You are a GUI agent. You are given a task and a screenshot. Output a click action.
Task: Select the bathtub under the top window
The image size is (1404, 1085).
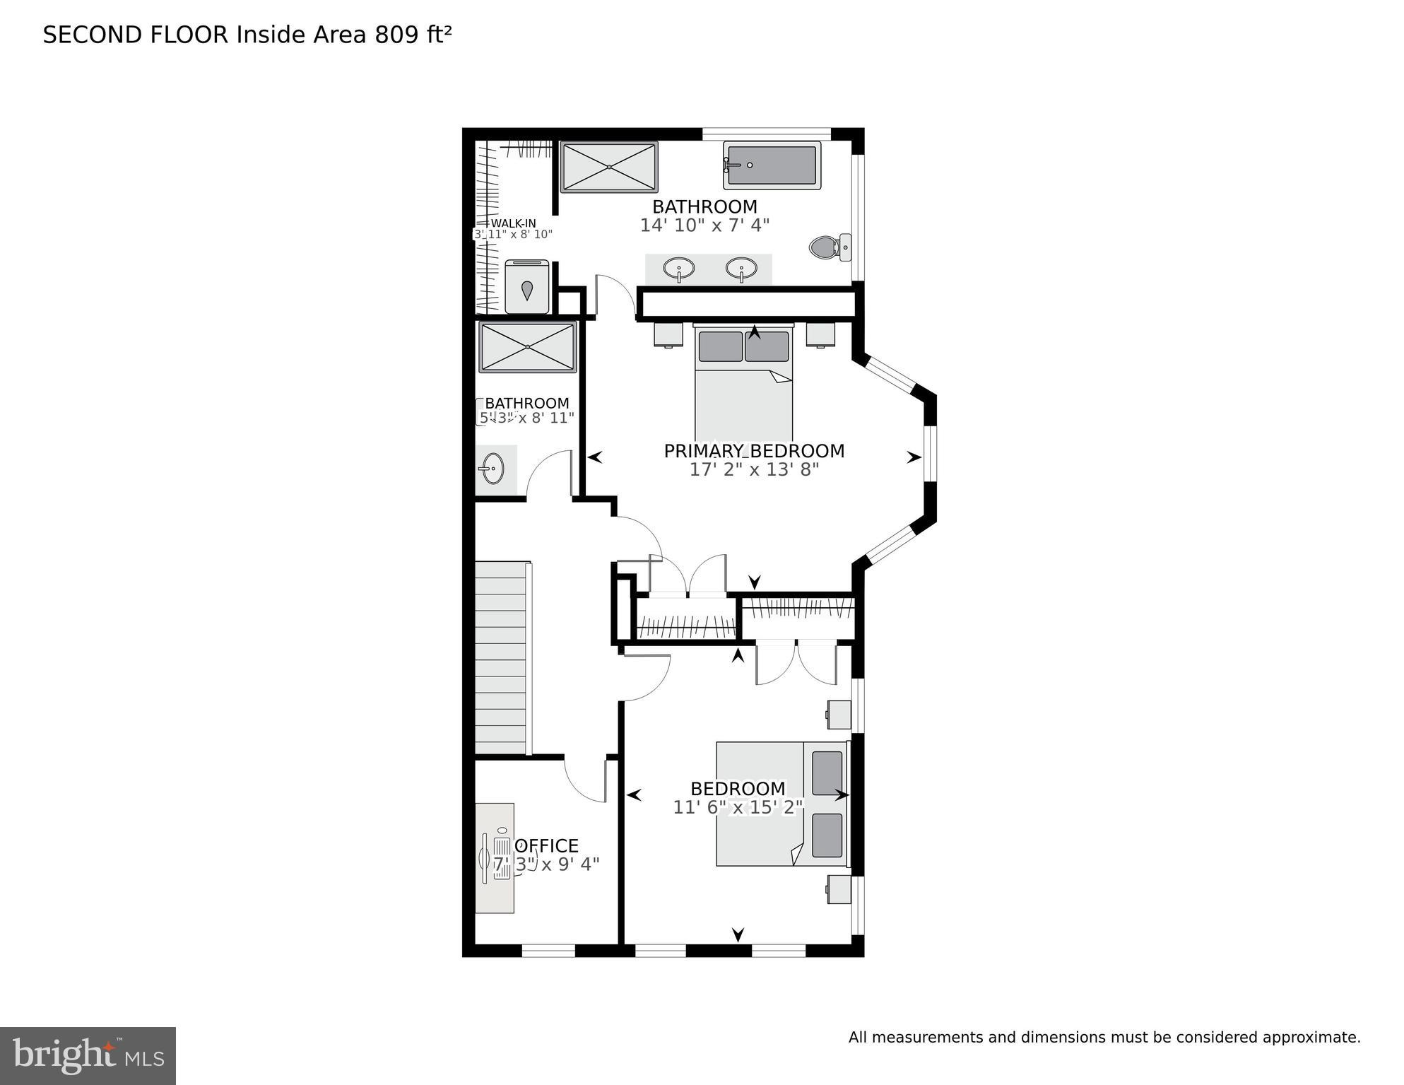[x=772, y=165]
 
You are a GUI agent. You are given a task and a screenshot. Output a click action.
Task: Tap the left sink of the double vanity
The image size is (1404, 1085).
[x=678, y=269]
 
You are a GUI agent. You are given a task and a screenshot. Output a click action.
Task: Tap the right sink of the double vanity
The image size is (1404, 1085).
[x=741, y=269]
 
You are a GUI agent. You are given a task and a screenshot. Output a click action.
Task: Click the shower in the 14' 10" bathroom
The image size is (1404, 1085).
[x=609, y=167]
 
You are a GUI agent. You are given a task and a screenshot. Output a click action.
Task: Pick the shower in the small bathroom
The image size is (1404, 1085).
[x=528, y=347]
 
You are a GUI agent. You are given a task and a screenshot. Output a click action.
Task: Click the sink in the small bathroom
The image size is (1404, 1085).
[x=492, y=469]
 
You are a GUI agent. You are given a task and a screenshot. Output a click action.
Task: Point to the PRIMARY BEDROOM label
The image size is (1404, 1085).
[x=754, y=451]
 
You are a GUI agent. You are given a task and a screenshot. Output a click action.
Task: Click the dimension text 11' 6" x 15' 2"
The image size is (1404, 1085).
[x=738, y=807]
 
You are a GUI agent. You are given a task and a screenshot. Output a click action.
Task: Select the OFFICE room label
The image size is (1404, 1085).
[x=546, y=846]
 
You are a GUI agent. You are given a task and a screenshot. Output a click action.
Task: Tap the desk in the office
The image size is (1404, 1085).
[x=494, y=857]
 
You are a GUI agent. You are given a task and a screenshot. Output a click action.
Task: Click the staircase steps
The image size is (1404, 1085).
[x=500, y=658]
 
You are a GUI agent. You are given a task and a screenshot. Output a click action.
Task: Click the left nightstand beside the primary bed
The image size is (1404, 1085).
[x=668, y=334]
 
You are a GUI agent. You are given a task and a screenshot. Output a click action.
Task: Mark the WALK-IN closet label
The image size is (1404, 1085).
[x=513, y=223]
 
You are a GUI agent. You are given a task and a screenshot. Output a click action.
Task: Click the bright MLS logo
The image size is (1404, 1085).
[x=88, y=1055]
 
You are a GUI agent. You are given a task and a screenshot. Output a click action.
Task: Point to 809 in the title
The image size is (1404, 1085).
[x=396, y=35]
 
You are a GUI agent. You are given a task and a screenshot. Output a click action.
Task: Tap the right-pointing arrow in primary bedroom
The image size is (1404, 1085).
[x=914, y=457]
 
